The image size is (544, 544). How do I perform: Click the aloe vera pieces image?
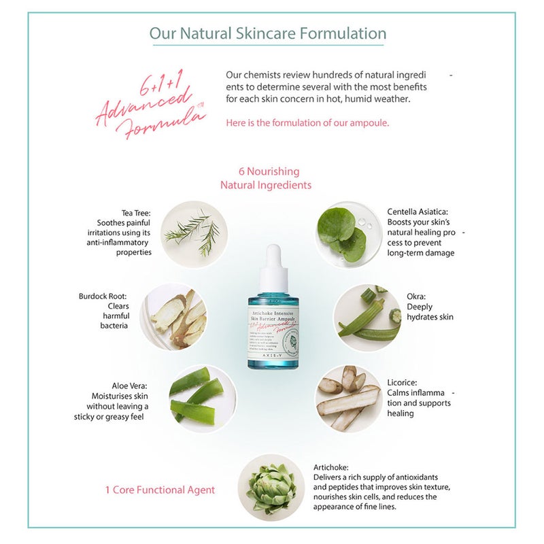tap(202, 399)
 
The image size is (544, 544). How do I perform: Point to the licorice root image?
tap(349, 398)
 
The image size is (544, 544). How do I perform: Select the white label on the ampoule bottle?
tap(274, 330)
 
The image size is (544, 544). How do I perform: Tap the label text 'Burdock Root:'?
tap(103, 296)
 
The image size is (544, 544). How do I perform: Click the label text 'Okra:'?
tap(416, 296)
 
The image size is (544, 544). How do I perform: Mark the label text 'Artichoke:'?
tap(331, 468)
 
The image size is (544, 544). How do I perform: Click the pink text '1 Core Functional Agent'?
tap(160, 490)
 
